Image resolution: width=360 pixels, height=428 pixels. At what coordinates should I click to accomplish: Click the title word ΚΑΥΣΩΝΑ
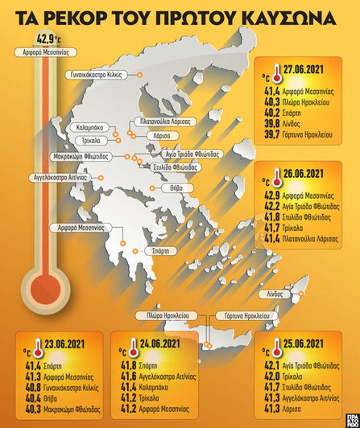(277, 15)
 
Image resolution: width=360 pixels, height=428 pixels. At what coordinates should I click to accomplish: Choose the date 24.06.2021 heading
(160, 342)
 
